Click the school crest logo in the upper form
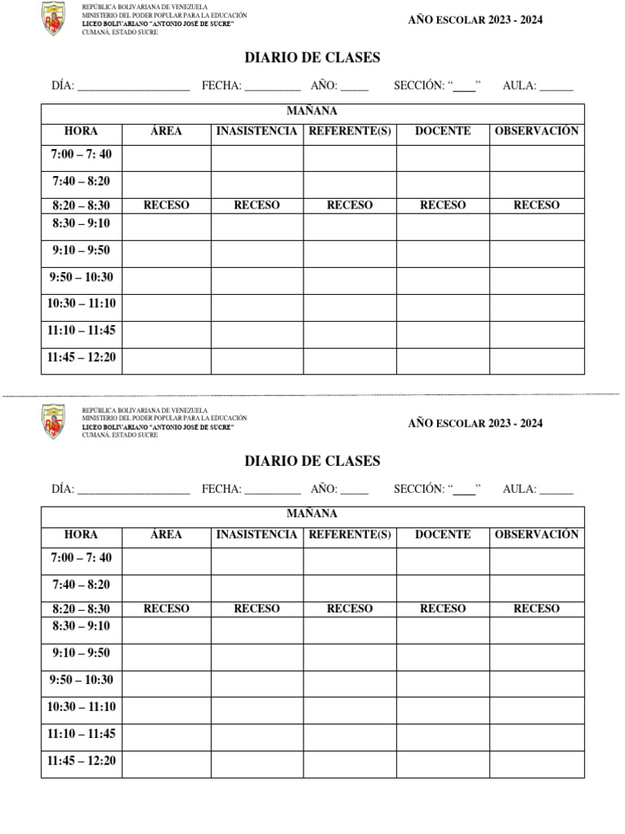pyautogui.click(x=53, y=20)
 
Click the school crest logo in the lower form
pyautogui.click(x=53, y=422)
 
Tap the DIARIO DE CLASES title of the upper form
pyautogui.click(x=312, y=58)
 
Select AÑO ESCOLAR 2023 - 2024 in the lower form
pyautogui.click(x=475, y=424)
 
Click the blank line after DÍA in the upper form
pyautogui.click(x=133, y=86)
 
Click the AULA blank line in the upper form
pyautogui.click(x=556, y=86)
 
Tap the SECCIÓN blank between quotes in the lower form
pyautogui.click(x=464, y=490)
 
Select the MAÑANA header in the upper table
pyautogui.click(x=312, y=112)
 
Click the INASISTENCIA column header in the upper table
pyautogui.click(x=257, y=131)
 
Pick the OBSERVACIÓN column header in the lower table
pyautogui.click(x=536, y=535)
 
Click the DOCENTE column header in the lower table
pyautogui.click(x=443, y=535)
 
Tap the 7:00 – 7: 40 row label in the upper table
pyautogui.click(x=81, y=154)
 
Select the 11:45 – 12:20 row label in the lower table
pyautogui.click(x=81, y=762)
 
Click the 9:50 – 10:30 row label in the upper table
pyautogui.click(x=81, y=278)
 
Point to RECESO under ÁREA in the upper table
pyautogui.click(x=166, y=205)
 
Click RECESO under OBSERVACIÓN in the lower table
pyautogui.click(x=536, y=608)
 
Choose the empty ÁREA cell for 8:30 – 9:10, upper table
pyautogui.click(x=166, y=226)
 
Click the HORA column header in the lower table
pyautogui.click(x=81, y=535)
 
